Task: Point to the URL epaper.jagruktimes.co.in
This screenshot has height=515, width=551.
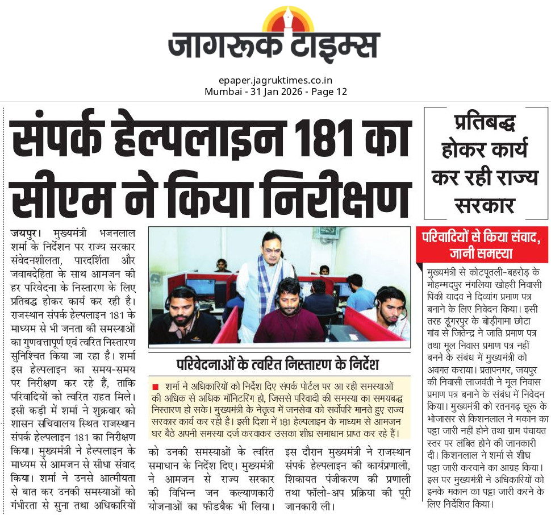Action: point(275,81)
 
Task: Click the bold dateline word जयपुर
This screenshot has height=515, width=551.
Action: point(25,234)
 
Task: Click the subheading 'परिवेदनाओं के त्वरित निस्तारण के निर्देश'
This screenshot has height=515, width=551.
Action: point(278,364)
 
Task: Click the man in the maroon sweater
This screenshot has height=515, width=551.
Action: point(290,315)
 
